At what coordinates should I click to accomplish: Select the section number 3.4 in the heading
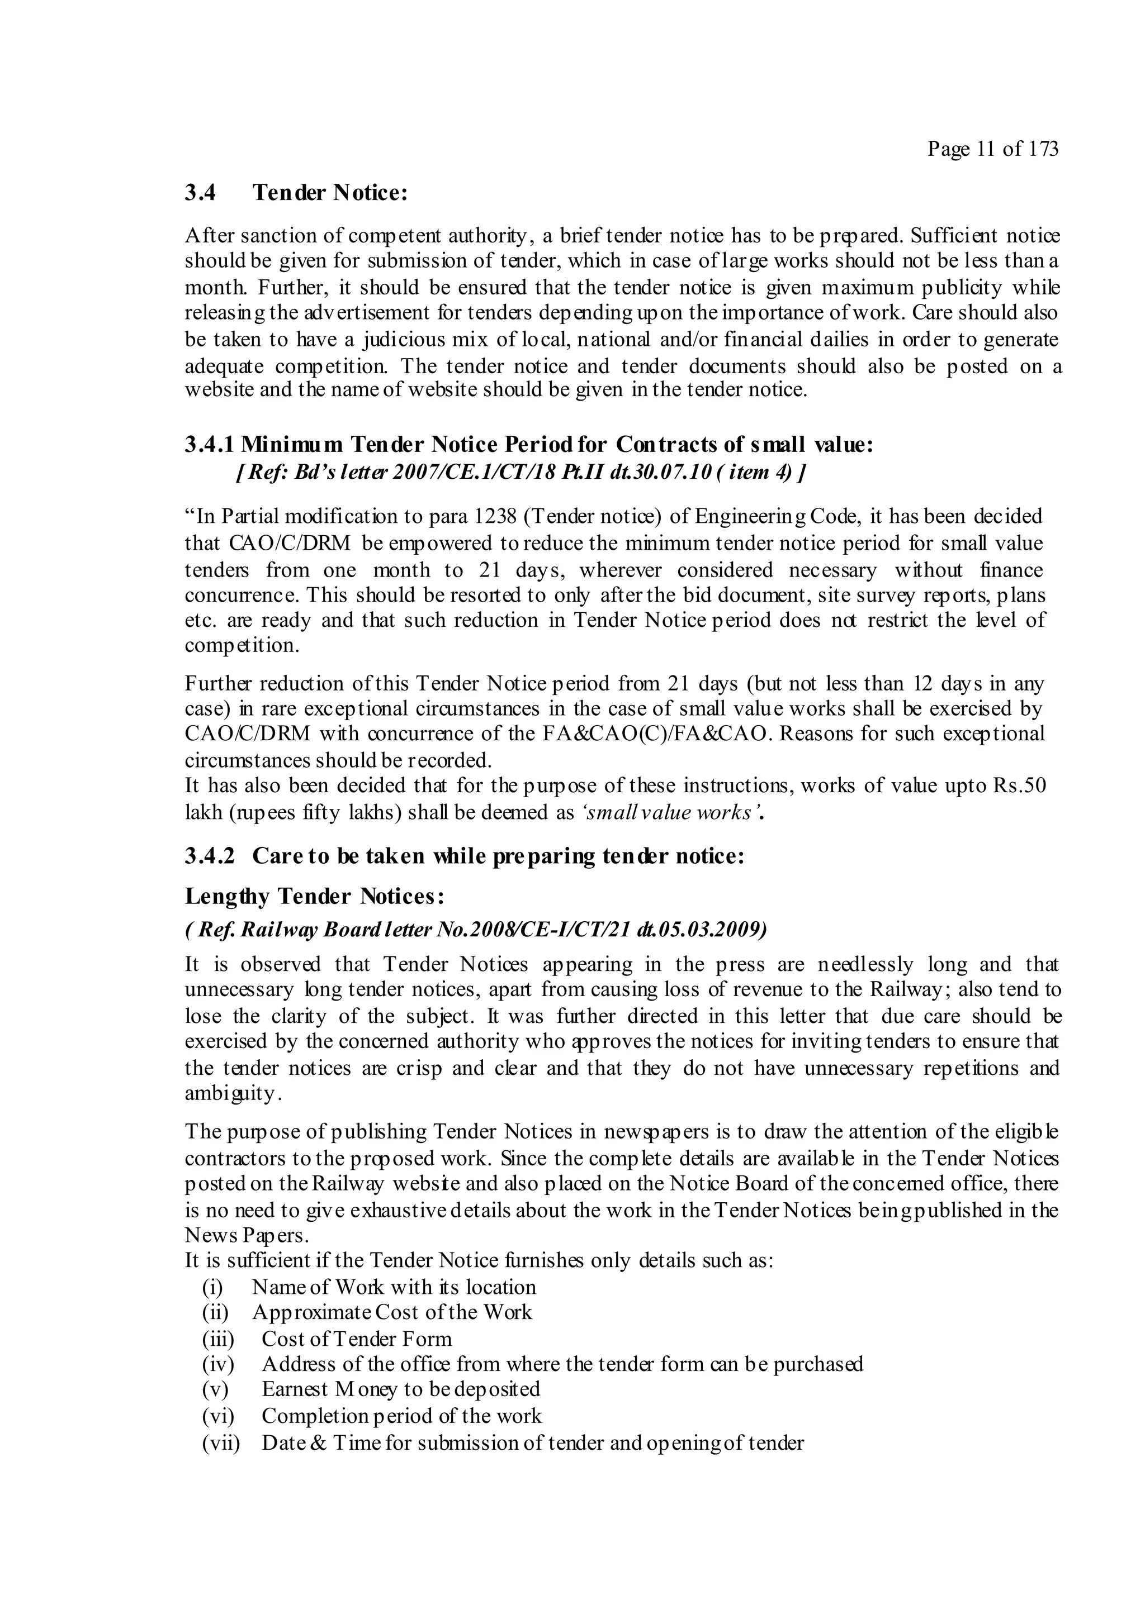(x=200, y=193)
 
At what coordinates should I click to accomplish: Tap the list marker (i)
(x=212, y=1288)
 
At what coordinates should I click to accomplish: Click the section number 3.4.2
(x=210, y=856)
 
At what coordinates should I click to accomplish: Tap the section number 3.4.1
(x=210, y=445)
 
